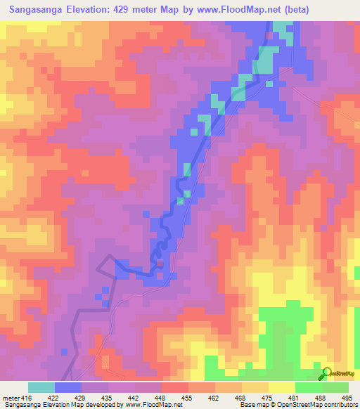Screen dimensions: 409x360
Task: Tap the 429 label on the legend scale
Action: click(81, 396)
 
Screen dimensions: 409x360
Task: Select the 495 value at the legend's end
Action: click(348, 396)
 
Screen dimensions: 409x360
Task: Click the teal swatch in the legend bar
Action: click(41, 387)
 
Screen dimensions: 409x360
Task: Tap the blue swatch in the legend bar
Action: click(67, 387)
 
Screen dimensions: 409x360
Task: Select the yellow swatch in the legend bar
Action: click(281, 387)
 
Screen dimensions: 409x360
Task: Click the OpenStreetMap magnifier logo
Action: click(327, 374)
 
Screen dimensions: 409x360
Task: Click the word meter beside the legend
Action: click(11, 396)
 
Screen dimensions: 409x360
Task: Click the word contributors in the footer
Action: click(337, 405)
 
